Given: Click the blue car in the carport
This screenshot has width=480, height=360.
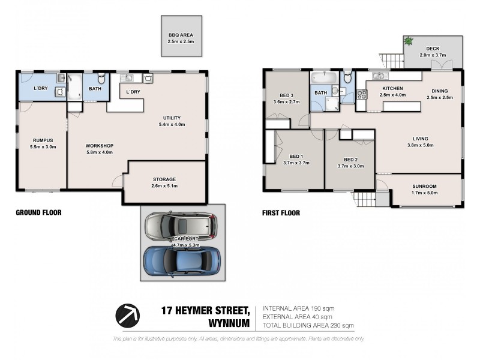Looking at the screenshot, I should [x=182, y=259].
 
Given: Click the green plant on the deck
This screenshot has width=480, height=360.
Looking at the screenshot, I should [x=409, y=41].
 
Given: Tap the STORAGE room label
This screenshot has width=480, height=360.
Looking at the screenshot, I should [x=164, y=179].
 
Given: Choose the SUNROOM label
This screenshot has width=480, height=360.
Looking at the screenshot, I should [x=424, y=186].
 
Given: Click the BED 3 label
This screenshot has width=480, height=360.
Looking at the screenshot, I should [x=286, y=95].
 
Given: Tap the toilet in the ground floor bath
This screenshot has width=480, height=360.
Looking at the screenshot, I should [x=101, y=78].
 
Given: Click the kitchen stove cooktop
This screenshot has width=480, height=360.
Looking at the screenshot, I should [x=362, y=94].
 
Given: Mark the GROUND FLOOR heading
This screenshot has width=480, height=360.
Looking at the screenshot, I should [x=39, y=212].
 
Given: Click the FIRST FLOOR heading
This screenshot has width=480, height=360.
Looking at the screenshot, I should [x=281, y=212].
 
